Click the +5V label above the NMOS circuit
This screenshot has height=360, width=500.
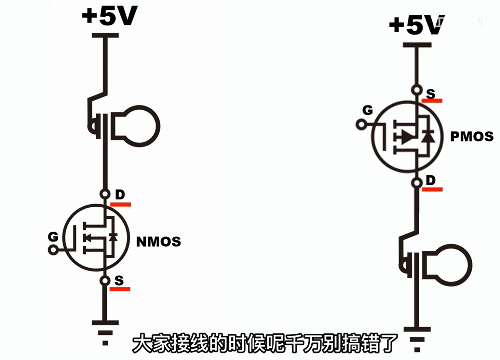[109, 16]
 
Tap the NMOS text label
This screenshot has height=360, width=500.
[158, 242]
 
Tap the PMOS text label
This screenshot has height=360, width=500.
[472, 137]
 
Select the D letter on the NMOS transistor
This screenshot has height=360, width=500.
[120, 195]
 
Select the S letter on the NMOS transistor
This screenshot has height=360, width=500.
[119, 280]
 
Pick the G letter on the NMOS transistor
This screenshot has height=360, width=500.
[53, 237]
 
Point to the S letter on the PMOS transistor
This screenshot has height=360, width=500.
[431, 93]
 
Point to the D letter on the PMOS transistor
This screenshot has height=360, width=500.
[431, 180]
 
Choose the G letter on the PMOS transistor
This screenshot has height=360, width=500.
[367, 110]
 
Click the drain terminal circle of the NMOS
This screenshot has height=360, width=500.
[105, 194]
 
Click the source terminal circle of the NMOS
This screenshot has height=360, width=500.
[105, 281]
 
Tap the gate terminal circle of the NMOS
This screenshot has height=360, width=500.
[53, 250]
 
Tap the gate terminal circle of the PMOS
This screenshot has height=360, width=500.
[361, 125]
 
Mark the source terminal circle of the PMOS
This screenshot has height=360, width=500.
[417, 90]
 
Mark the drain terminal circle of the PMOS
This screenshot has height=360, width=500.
[417, 183]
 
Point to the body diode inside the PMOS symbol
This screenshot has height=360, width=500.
[428, 137]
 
